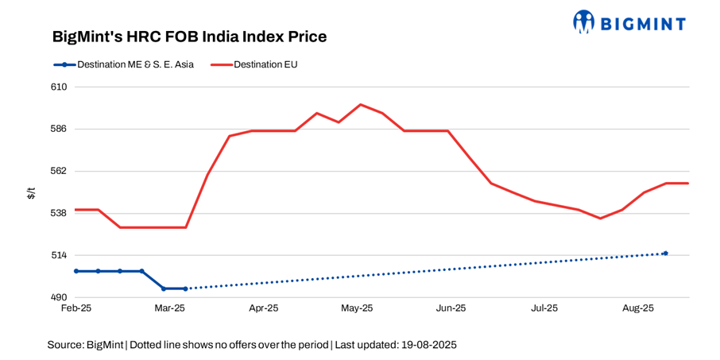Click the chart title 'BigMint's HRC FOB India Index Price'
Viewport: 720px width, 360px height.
(189, 37)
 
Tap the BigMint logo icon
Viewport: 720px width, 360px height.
(584, 21)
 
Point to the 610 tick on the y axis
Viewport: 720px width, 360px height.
(59, 87)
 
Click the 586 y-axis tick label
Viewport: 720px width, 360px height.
(59, 129)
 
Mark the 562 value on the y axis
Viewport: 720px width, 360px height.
(59, 171)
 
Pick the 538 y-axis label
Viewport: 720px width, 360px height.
(59, 213)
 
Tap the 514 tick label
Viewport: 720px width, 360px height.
(59, 255)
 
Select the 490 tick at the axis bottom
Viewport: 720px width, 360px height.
(59, 297)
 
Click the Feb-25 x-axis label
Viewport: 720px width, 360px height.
(76, 308)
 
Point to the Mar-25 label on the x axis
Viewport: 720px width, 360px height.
(169, 308)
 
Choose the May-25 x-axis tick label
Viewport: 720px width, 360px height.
(357, 308)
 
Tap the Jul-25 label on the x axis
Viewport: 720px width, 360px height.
(544, 308)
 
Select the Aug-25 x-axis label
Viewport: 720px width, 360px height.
(637, 308)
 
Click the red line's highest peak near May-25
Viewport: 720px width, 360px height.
(361, 104)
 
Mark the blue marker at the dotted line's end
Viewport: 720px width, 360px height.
(665, 253)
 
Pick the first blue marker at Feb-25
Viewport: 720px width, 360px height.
(76, 271)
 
